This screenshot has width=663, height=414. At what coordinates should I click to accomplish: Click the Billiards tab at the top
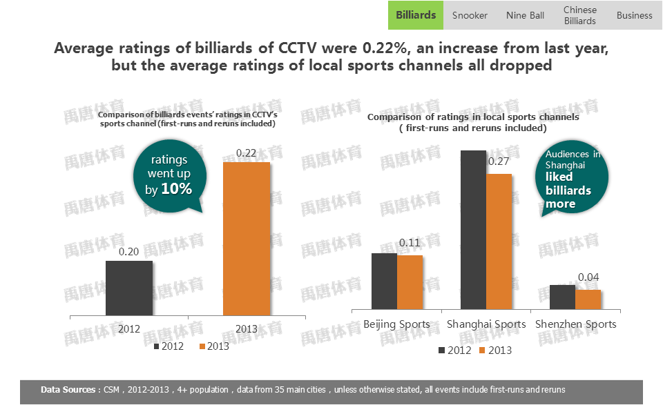click(x=416, y=15)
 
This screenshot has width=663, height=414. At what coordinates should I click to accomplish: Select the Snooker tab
click(x=470, y=15)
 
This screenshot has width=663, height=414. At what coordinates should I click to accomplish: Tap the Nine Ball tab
click(x=525, y=15)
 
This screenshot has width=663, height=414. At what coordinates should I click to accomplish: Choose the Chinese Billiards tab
click(x=579, y=15)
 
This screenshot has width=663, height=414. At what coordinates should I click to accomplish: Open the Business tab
click(x=634, y=15)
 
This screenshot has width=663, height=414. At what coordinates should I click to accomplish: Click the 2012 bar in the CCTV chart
click(x=129, y=288)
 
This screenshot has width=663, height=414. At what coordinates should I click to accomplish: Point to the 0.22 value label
click(x=247, y=152)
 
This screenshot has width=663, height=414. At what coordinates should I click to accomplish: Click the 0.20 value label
click(x=129, y=252)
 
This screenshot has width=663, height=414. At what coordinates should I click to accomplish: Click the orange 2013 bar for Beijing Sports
click(x=410, y=282)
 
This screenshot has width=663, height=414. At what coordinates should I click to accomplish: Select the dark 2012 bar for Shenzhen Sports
click(x=562, y=297)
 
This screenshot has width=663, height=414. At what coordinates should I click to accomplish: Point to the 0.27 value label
click(x=498, y=162)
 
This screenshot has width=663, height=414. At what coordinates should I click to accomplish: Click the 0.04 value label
click(x=588, y=277)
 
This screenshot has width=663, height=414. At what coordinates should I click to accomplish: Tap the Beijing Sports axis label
click(x=396, y=324)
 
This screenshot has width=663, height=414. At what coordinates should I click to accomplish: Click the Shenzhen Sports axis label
click(x=576, y=324)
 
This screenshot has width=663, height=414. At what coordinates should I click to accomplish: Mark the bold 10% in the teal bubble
click(x=176, y=188)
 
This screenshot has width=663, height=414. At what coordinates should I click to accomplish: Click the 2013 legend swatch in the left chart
click(x=202, y=346)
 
